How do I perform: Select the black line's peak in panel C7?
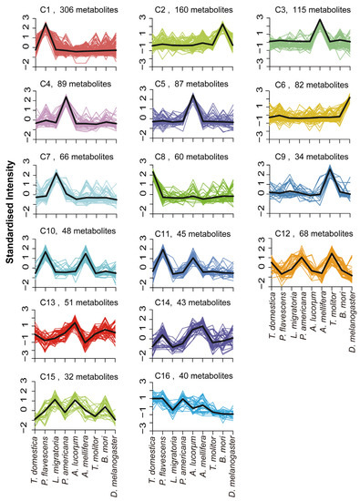pyautogui.click(x=56, y=173)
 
